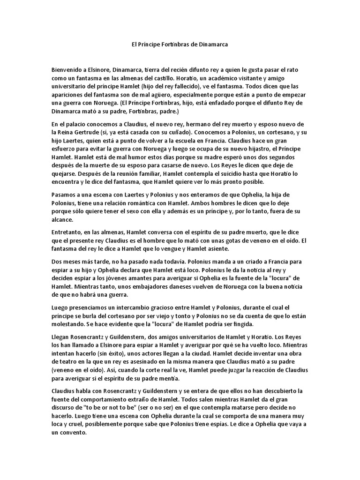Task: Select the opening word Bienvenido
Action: click(68, 69)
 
